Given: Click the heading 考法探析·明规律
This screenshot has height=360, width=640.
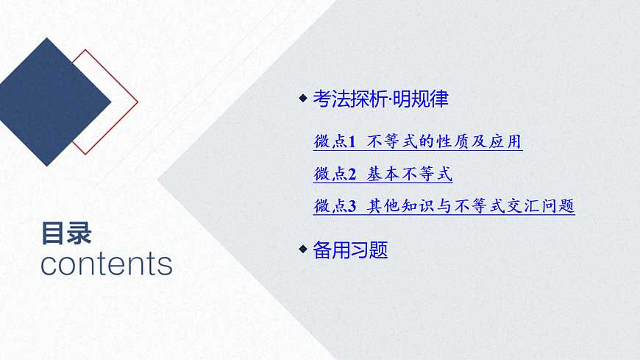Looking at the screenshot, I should [x=380, y=99].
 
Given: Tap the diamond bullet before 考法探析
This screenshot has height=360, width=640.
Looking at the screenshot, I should [x=302, y=99].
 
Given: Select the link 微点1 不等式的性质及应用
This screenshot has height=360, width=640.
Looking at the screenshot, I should [x=417, y=141].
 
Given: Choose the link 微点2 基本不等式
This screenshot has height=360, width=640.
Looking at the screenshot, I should [x=383, y=174].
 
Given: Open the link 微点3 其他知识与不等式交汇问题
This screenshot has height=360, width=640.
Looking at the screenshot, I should [x=444, y=206].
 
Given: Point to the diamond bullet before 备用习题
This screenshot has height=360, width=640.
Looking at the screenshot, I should [x=302, y=250].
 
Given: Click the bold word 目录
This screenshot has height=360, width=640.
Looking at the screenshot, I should [x=66, y=233].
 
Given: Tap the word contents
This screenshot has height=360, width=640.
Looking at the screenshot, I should [x=106, y=264].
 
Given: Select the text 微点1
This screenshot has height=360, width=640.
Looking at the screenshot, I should [x=335, y=141].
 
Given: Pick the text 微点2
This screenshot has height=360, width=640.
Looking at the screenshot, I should [x=335, y=174].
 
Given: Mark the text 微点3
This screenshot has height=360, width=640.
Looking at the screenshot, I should [x=335, y=206].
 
